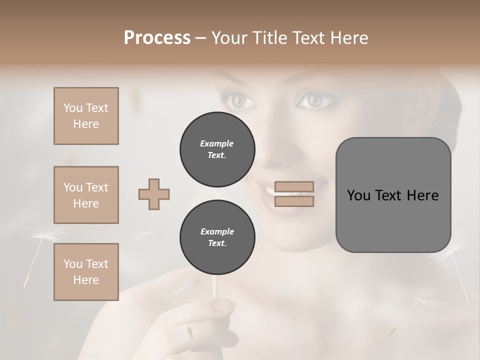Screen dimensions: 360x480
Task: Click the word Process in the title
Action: (157, 38)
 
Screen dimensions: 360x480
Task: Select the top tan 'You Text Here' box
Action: (86, 116)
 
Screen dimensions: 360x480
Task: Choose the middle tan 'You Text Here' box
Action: (86, 195)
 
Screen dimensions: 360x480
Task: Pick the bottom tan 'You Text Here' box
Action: (86, 272)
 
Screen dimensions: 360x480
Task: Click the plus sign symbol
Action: (154, 194)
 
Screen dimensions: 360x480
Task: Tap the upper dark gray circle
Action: (217, 149)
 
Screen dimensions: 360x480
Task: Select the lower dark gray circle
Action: (217, 237)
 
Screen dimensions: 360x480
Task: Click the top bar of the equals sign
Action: (294, 186)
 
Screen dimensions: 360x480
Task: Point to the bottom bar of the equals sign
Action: (294, 201)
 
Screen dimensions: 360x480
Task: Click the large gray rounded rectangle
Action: (393, 194)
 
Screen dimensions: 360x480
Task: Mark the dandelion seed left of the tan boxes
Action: (42, 235)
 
